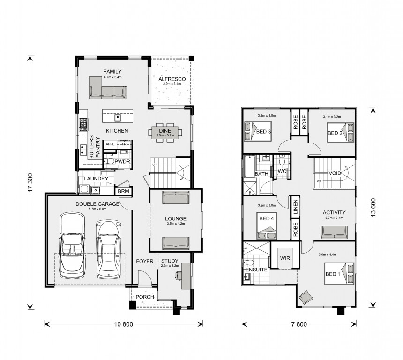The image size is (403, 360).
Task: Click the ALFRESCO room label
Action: (x=172, y=79)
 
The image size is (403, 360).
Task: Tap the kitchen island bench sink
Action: (x=118, y=118)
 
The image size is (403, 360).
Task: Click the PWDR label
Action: (x=122, y=162)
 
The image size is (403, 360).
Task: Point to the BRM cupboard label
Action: (x=123, y=192)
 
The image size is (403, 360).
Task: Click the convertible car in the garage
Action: (x=72, y=245)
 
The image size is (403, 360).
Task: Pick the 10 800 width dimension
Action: (x=124, y=324)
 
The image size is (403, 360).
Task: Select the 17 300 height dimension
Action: (x=30, y=182)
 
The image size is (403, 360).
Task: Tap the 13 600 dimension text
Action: (x=373, y=207)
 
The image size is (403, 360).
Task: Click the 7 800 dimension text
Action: (x=299, y=324)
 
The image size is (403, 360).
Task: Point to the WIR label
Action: (x=285, y=258)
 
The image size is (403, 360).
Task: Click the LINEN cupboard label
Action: (x=295, y=207)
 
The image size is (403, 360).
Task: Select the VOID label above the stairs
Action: (x=335, y=173)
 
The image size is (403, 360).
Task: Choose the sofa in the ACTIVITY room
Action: (x=334, y=232)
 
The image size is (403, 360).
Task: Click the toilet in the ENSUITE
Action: (x=248, y=262)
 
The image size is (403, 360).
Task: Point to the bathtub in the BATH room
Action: (x=249, y=166)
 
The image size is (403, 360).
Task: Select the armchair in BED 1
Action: (x=306, y=297)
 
